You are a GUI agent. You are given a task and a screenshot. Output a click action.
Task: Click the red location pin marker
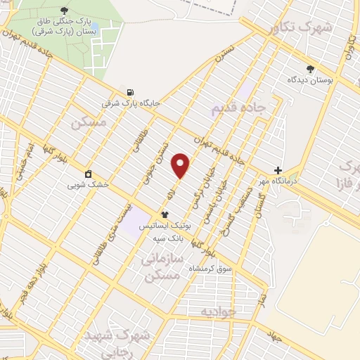tap(181, 165)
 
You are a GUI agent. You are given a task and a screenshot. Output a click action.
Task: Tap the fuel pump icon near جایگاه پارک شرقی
tap(130, 92)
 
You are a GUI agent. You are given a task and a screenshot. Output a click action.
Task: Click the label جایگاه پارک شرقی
tap(131, 103)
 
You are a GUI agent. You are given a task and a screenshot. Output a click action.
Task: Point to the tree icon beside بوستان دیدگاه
tap(310, 69)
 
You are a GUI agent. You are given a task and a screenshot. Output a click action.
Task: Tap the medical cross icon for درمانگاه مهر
tap(278, 170)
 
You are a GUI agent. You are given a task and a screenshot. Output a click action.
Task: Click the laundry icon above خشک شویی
tap(88, 174)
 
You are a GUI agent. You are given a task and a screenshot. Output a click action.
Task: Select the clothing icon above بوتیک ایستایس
tap(165, 215)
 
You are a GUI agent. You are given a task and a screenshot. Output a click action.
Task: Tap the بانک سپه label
tap(168, 238)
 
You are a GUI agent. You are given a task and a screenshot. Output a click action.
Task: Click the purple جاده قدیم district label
tap(237, 108)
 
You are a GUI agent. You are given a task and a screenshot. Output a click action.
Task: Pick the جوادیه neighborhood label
tap(215, 310)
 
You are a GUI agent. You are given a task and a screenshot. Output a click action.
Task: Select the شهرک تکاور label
tap(299, 27)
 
